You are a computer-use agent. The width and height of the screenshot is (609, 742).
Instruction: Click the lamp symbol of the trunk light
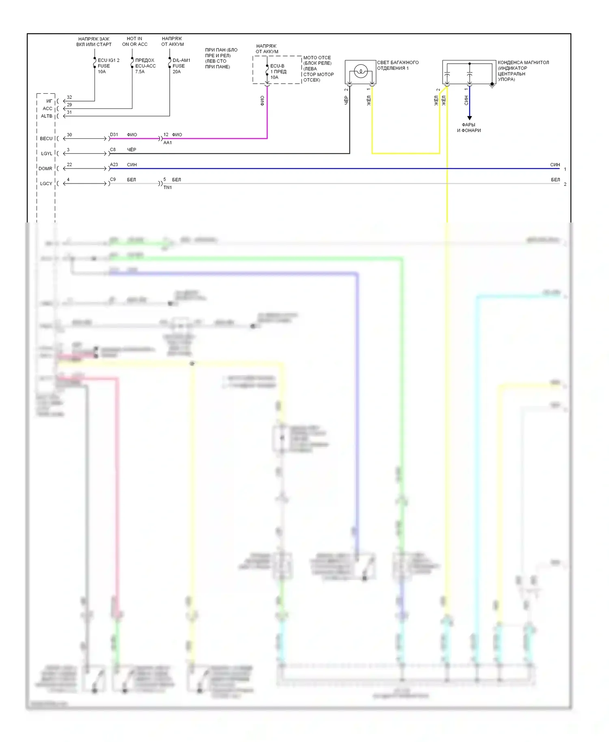361,72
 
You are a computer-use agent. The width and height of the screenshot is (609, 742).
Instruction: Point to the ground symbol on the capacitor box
492,85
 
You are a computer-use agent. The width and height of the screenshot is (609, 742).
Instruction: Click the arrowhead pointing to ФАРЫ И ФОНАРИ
469,118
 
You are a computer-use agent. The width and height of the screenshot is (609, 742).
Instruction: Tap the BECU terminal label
46,138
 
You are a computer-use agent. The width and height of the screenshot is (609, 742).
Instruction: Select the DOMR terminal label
45,168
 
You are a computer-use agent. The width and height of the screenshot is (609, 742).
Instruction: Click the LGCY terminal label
46,183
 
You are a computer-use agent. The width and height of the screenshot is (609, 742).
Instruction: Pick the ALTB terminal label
47,116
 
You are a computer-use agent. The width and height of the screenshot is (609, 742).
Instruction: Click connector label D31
114,134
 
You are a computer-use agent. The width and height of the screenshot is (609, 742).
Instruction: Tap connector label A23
114,164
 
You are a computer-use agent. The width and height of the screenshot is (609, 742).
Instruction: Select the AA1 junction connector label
168,143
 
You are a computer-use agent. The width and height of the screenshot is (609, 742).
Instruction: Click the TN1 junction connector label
168,188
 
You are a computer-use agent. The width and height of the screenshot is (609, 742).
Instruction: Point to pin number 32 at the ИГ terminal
69,97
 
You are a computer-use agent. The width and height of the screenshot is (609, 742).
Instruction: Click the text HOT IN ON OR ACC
134,41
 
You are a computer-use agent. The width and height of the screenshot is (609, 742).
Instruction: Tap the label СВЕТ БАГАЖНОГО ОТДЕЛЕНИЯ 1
397,65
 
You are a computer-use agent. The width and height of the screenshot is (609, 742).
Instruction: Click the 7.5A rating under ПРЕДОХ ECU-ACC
140,72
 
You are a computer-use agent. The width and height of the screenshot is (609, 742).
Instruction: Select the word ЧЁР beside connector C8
132,149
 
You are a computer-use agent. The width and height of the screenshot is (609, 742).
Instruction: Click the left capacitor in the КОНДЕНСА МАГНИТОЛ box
447,76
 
